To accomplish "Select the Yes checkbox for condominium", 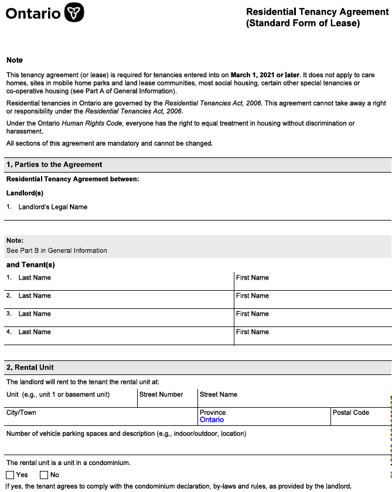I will coord(11,475).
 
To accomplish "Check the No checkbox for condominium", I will coord(44,475).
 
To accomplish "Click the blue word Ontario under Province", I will coord(212,420).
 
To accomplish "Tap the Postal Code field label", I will coord(350,412).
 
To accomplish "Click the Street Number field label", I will coord(161,394).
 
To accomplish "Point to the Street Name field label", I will coord(219,394).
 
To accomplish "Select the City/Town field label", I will coord(21,412).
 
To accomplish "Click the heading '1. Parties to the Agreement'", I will coord(54,164).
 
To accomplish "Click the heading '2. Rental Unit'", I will coord(30,367).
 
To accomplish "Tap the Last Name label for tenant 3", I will coord(35,314).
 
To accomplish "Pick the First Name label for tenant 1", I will coord(253,277).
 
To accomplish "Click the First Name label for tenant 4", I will coord(253,332).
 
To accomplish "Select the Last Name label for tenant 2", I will coord(35,295).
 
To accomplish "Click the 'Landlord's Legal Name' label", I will coord(53,207).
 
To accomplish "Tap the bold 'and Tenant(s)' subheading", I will coord(30,264).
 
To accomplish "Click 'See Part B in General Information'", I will coord(56,250).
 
